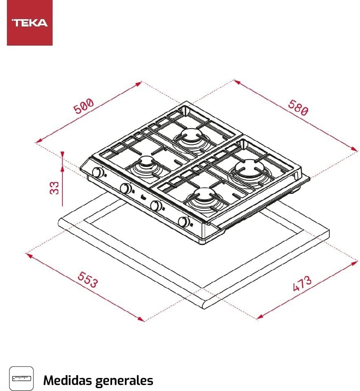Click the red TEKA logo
pyautogui.click(x=30, y=23)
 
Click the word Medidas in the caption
pyautogui.click(x=67, y=380)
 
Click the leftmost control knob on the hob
pyautogui.click(x=97, y=172)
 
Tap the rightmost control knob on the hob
pyautogui.click(x=184, y=222)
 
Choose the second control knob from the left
pyautogui.click(x=126, y=189)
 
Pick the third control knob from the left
pyautogui.click(x=155, y=206)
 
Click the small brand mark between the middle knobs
pyautogui.click(x=140, y=198)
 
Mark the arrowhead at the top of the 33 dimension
pyautogui.click(x=62, y=154)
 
